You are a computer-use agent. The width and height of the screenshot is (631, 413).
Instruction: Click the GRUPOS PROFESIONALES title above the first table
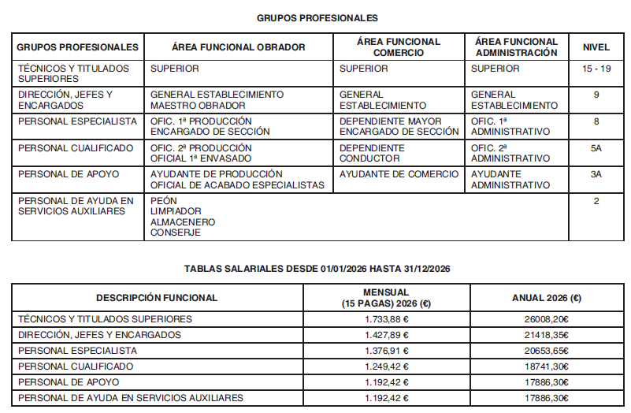tap(317, 18)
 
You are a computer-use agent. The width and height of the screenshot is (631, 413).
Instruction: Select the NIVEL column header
tap(596, 47)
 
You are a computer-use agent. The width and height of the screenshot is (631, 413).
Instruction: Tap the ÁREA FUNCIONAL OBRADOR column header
tap(238, 47)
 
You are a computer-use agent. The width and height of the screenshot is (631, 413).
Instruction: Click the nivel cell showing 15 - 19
tap(596, 69)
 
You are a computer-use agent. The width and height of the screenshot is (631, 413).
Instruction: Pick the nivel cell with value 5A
tap(596, 147)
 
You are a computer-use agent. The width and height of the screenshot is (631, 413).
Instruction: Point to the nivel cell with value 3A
tap(596, 174)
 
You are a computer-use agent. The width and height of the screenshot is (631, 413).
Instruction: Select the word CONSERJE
tap(175, 233)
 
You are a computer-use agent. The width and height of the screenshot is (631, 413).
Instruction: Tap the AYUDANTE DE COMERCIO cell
tap(399, 174)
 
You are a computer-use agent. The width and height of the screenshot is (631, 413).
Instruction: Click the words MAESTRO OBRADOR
tap(194, 106)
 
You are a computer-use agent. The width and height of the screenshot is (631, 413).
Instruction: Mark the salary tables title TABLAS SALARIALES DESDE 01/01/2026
tap(317, 269)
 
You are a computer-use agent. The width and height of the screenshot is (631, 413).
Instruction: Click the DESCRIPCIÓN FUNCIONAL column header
tap(157, 298)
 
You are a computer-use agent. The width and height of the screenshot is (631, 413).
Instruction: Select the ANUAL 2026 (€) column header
tap(547, 298)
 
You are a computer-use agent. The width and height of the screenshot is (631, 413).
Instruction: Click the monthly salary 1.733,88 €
tap(387, 319)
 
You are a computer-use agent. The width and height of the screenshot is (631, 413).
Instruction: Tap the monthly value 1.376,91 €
tap(387, 351)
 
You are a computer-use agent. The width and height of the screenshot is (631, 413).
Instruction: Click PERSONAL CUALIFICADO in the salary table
tap(76, 366)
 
